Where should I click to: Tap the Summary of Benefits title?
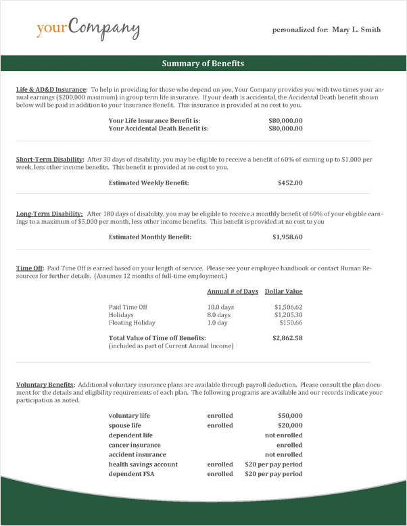pos(203,64)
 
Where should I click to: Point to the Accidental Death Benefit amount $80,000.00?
pos(285,128)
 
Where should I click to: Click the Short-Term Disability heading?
pos(49,160)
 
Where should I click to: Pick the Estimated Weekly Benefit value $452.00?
pos(290,183)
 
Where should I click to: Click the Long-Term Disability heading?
pos(49,214)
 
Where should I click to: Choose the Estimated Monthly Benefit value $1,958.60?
pos(287,237)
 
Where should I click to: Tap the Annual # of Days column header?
pos(232,291)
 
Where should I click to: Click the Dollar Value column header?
pos(283,291)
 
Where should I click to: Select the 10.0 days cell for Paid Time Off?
pos(220,307)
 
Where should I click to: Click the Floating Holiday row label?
pos(132,323)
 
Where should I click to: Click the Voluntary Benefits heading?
pos(45,385)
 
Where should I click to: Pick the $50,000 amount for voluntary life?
pos(290,416)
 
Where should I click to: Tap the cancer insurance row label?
pos(135,446)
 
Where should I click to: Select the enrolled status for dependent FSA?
pos(220,475)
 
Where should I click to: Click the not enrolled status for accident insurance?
pos(283,455)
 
